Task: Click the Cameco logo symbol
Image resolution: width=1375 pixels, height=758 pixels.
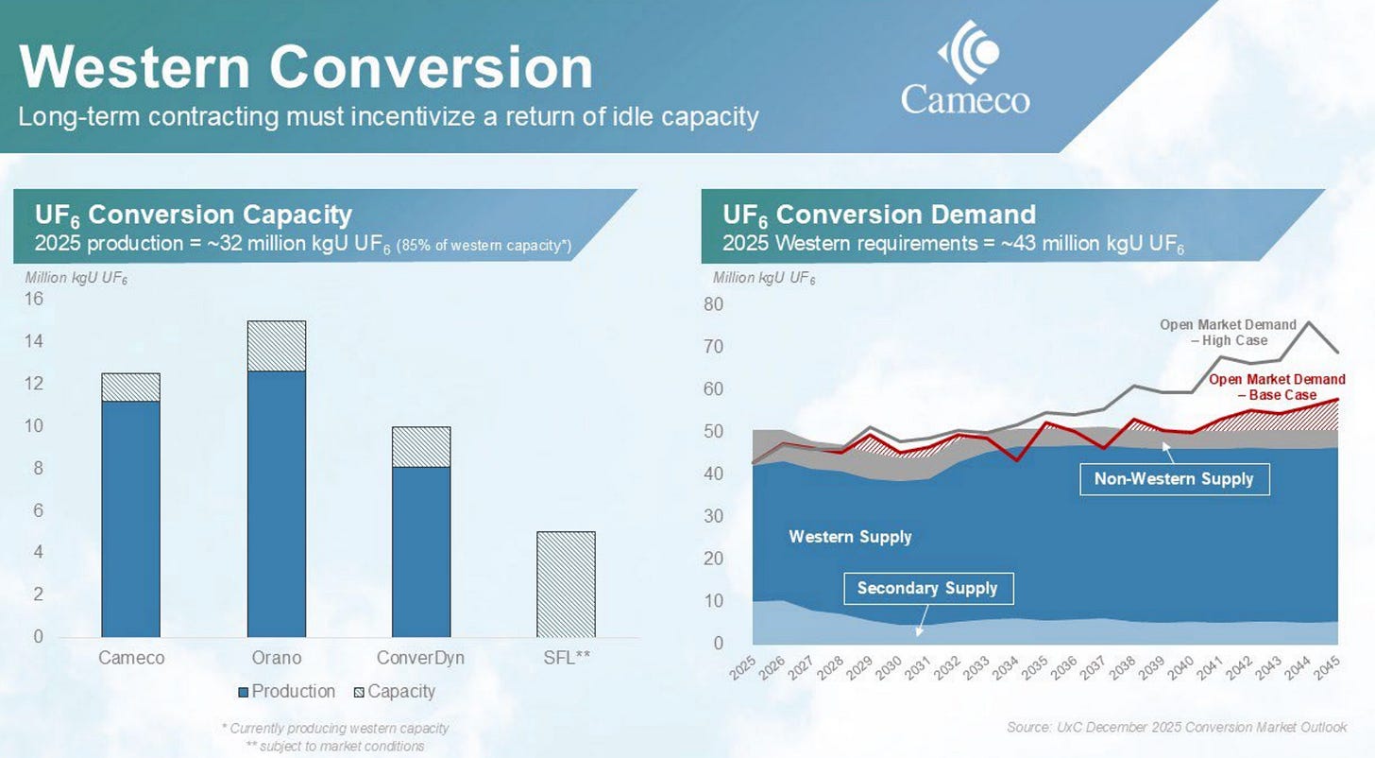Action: [x=969, y=52]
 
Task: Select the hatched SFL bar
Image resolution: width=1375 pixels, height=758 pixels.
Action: [x=566, y=584]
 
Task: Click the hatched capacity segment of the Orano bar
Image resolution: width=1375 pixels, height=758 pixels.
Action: [x=276, y=346]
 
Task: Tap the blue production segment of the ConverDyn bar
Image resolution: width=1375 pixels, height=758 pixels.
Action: [x=421, y=552]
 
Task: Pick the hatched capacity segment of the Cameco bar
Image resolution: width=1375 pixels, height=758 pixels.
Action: [x=130, y=387]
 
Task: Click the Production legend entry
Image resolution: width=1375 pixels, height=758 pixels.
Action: [x=287, y=692]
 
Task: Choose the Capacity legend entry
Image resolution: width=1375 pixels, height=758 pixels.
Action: [x=395, y=692]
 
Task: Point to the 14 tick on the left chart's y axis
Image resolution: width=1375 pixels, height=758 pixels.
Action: [x=34, y=341]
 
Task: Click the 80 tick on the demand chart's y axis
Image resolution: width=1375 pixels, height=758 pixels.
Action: [x=713, y=304]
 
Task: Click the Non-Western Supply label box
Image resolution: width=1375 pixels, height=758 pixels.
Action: [x=1174, y=479]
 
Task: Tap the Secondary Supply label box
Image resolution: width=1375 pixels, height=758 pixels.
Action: [x=928, y=589]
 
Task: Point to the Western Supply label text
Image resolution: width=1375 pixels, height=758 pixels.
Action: [x=850, y=537]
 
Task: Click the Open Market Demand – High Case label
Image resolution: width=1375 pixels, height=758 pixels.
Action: [x=1228, y=333]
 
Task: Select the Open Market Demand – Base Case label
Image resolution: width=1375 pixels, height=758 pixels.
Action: [x=1277, y=387]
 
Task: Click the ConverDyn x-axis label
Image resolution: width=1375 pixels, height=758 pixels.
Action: [x=420, y=658]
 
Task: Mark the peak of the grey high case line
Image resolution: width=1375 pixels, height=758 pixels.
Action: [x=1307, y=322]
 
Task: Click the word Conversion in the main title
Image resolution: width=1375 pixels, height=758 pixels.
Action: [x=431, y=67]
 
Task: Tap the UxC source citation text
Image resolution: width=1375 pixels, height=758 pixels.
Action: [x=1177, y=728]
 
